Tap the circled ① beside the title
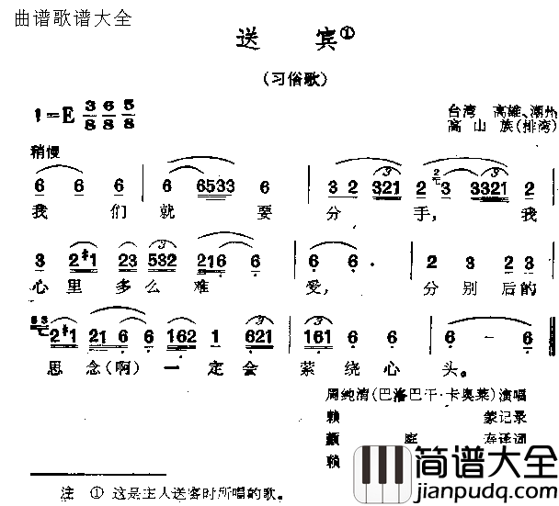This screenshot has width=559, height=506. coord(347,33)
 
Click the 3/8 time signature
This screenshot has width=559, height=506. coord(88,115)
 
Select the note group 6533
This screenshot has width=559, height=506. coord(216,187)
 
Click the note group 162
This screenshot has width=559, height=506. coord(181,337)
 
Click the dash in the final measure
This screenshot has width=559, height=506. coord(493,337)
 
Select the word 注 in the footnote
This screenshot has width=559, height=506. coord(65,491)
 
